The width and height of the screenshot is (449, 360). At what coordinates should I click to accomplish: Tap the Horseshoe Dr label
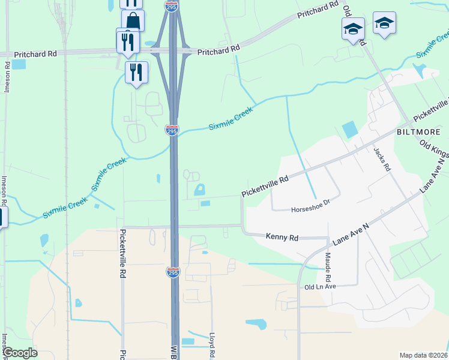310,209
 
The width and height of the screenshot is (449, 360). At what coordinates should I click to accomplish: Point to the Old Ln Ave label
320,287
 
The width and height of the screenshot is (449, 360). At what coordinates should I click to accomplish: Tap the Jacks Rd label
382,160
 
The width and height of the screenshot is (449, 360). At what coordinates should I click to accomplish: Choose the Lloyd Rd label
211,346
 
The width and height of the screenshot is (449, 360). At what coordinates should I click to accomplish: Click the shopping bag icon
133,22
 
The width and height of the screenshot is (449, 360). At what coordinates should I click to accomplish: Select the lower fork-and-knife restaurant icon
136,73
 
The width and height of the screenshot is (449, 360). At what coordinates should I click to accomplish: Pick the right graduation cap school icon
384,23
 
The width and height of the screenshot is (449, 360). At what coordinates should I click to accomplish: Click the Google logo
19,353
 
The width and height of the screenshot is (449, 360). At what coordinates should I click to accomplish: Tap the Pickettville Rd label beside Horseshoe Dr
265,186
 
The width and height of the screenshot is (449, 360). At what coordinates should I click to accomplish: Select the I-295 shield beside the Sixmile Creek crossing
172,130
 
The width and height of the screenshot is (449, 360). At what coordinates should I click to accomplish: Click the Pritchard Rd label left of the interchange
35,53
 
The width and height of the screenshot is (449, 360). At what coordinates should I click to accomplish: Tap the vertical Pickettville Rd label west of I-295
122,253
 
